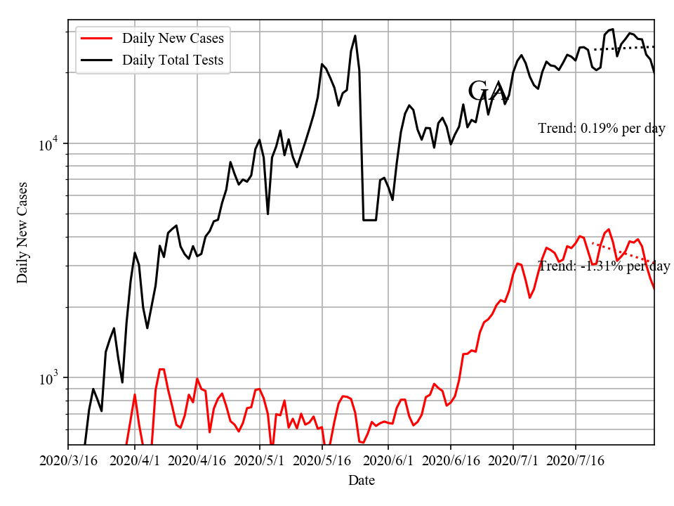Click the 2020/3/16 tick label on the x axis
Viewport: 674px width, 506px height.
(x=68, y=462)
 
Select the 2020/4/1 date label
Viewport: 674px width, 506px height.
(x=135, y=462)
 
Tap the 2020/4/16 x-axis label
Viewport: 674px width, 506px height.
(x=197, y=462)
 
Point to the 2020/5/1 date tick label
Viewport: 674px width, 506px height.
(x=260, y=462)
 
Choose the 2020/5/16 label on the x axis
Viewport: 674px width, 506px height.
(x=322, y=462)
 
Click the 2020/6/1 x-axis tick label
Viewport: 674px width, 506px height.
(x=388, y=462)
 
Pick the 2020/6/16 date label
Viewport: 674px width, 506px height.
(x=451, y=462)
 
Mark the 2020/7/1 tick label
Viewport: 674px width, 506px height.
(x=513, y=462)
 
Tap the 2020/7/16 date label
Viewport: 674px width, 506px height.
(x=576, y=462)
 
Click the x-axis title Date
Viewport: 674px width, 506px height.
(x=361, y=481)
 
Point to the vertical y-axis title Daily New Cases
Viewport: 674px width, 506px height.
(x=23, y=232)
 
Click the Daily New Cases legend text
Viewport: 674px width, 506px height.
(x=173, y=38)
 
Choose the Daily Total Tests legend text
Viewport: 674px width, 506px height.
(x=173, y=60)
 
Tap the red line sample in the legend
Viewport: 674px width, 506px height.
(x=97, y=38)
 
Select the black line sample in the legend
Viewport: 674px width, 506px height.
(x=97, y=60)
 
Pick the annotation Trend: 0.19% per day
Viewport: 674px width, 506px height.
(x=602, y=129)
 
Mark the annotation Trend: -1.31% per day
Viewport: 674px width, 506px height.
(x=604, y=266)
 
